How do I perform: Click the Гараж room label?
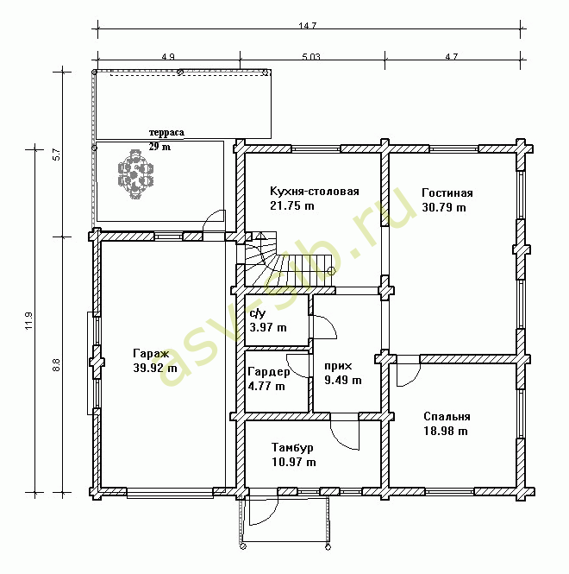tap(151, 354)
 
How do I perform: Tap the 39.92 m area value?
tap(155, 368)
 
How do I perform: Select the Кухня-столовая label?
tap(315, 192)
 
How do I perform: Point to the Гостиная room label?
tap(447, 193)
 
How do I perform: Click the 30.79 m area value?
tap(444, 207)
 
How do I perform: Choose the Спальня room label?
tap(447, 417)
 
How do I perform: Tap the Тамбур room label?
tap(292, 448)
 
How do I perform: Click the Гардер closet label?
tap(269, 372)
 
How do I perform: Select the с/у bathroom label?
tap(258, 313)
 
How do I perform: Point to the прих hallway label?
tap(338, 366)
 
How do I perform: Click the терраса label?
tap(166, 133)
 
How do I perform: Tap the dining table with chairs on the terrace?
tap(135, 174)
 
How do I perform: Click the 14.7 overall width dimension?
tap(307, 26)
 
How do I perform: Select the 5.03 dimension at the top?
tap(311, 57)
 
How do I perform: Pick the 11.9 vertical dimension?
tap(29, 321)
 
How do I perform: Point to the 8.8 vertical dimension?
tap(56, 365)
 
